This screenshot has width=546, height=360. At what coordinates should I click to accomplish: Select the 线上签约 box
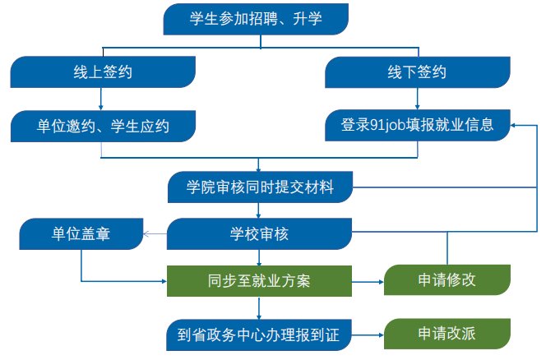[103, 72]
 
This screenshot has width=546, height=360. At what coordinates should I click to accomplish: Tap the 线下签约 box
[417, 72]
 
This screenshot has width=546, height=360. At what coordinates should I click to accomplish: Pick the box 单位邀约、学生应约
[103, 126]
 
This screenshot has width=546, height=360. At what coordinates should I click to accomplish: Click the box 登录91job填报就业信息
[417, 126]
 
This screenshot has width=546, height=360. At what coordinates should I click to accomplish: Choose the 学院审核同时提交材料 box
[260, 187]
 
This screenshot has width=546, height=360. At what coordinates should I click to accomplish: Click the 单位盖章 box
[81, 236]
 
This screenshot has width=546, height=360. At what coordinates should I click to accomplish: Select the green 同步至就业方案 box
[260, 281]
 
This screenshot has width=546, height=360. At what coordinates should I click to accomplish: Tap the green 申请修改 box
[447, 281]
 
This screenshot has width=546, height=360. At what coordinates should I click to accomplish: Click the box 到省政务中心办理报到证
[260, 335]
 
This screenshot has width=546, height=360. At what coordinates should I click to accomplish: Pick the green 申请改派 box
[447, 335]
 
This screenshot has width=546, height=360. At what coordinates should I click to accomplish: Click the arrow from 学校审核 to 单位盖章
[155, 236]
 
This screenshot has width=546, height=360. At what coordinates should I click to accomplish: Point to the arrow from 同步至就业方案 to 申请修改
[368, 282]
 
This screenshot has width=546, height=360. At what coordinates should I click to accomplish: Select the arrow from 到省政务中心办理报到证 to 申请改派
[368, 335]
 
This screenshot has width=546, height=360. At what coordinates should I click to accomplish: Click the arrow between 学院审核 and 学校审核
[260, 211]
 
